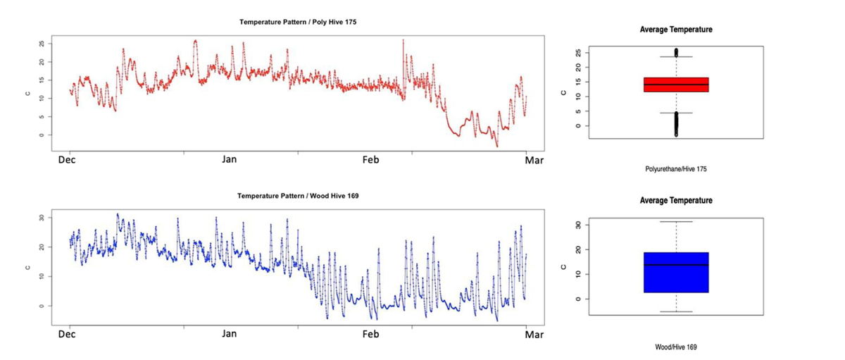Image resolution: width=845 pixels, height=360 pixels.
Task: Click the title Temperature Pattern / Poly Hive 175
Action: point(298,23)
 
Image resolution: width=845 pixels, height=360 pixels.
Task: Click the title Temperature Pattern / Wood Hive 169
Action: point(298,195)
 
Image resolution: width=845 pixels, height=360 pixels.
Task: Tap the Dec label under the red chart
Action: point(67,160)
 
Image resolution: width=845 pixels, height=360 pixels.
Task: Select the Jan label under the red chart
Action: point(230,160)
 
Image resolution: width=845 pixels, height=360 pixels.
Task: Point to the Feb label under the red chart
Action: point(370,160)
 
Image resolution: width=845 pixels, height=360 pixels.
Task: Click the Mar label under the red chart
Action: point(534,160)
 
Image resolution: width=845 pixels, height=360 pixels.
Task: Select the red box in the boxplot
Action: point(675,85)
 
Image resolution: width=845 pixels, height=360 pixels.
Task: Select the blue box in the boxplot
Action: point(675,272)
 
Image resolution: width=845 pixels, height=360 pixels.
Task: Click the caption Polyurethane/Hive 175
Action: point(675,170)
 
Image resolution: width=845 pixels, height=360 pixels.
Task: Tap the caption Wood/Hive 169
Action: point(675,347)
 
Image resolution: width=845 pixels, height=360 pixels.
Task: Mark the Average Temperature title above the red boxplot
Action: point(675,30)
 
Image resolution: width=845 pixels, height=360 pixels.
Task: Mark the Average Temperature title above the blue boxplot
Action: point(675,201)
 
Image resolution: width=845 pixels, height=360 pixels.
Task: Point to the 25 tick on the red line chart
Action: point(42,44)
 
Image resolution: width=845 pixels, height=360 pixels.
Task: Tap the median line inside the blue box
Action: point(675,265)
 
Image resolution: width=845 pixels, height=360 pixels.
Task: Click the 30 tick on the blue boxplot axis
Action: point(564,225)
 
